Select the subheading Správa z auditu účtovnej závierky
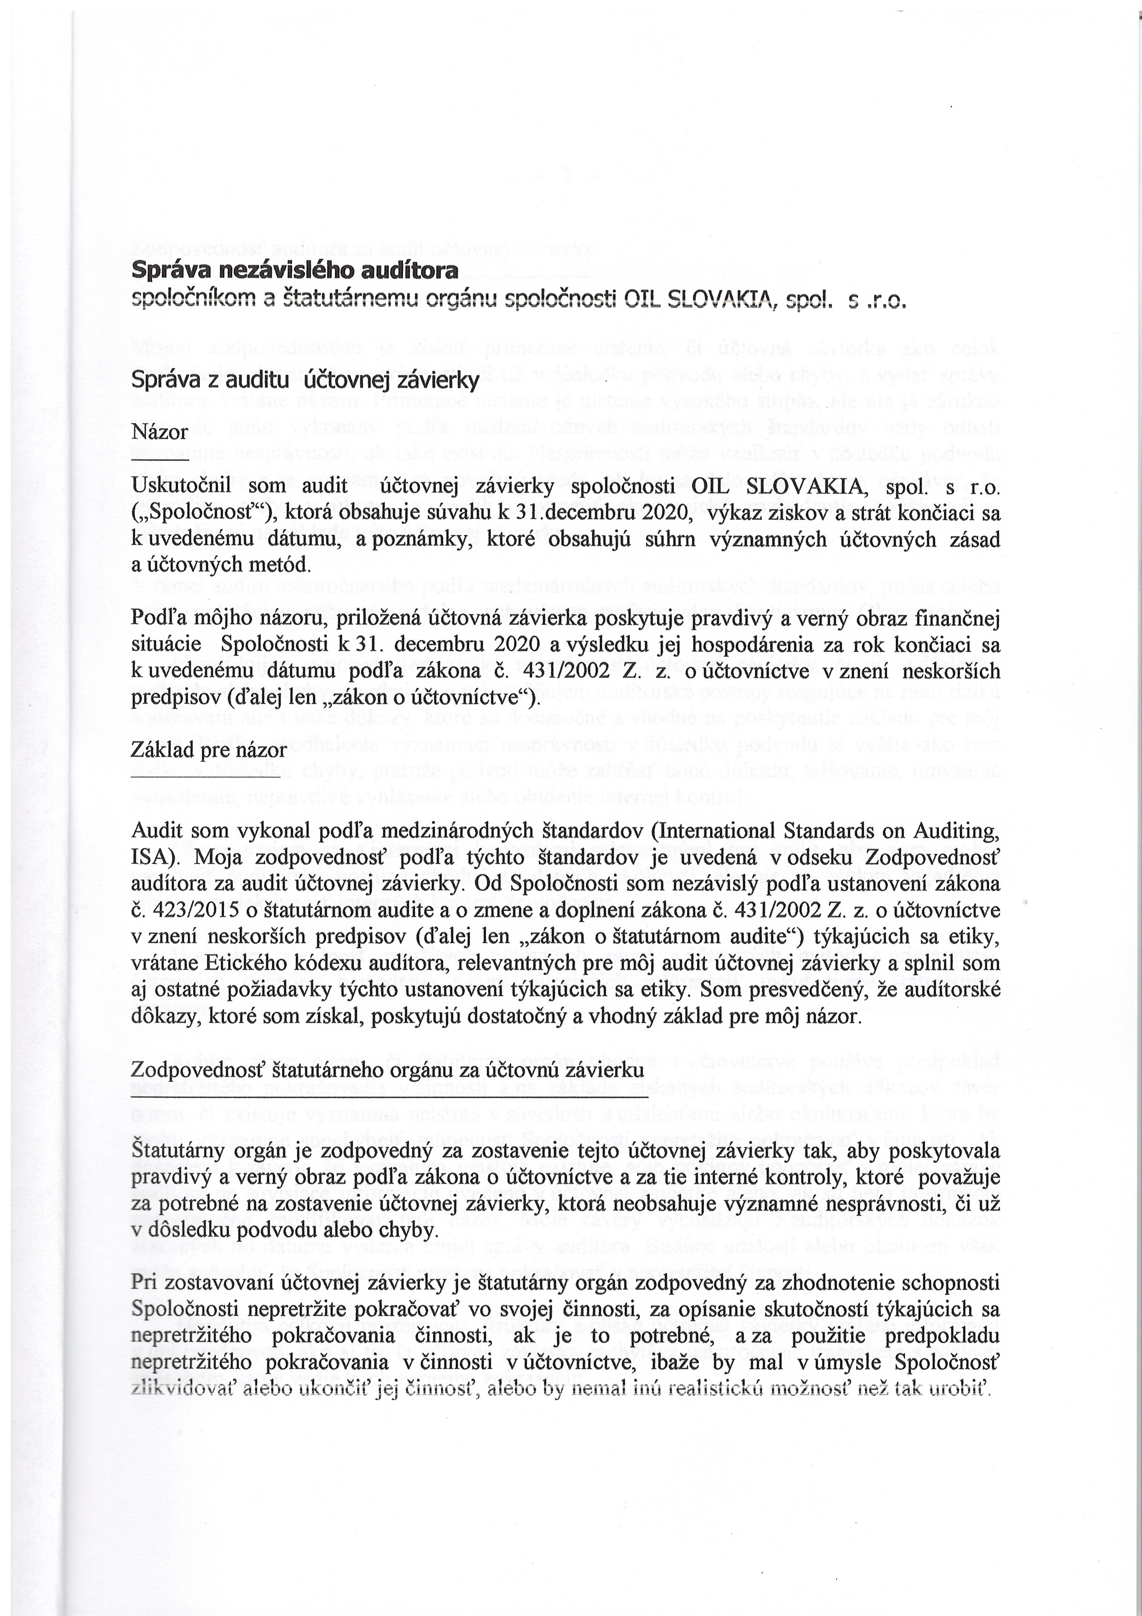click(x=305, y=381)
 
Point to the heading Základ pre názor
click(x=209, y=750)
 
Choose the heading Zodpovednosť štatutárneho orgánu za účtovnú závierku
click(x=388, y=1071)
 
